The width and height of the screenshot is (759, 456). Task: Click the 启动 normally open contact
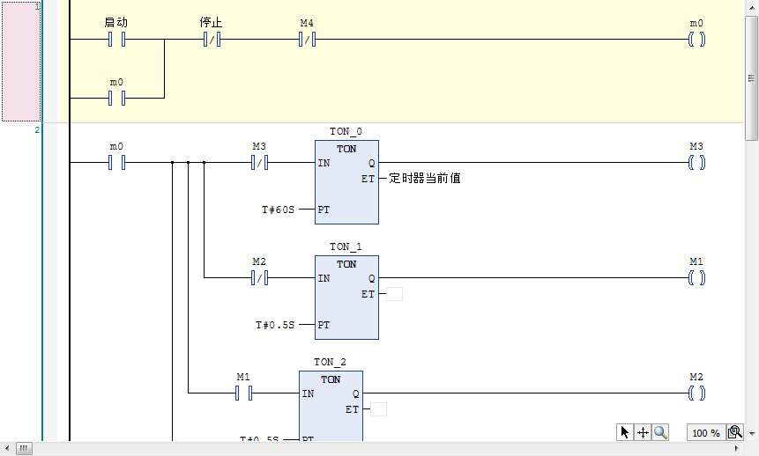pos(116,40)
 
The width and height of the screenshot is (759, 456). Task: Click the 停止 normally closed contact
pos(212,40)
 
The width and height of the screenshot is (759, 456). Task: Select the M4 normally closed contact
pos(307,40)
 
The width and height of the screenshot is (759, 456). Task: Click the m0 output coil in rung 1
pos(696,40)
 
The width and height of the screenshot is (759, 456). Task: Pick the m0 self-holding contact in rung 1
pos(116,98)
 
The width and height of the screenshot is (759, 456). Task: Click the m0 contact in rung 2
pos(116,162)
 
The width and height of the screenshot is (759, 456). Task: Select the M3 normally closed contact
pos(259,162)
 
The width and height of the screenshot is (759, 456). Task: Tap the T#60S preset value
pos(278,210)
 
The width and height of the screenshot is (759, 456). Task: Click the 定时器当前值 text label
pos(425,179)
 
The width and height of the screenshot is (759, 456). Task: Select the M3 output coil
pos(696,162)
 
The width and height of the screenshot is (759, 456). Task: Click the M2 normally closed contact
pos(259,278)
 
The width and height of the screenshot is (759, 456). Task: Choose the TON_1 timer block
pos(346,298)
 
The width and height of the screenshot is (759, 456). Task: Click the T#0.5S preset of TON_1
pos(275,325)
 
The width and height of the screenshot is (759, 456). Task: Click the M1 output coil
pos(696,278)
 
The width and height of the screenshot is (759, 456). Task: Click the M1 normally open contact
pos(243,393)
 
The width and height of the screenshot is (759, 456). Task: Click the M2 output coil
pos(696,393)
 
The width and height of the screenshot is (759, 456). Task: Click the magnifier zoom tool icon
pos(660,432)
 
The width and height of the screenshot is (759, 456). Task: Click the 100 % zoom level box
pos(705,432)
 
